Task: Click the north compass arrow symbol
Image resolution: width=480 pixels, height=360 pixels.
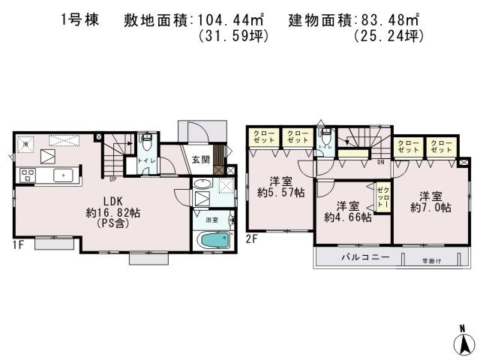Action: click(463, 342)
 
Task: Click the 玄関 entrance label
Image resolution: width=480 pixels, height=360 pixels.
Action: click(199, 159)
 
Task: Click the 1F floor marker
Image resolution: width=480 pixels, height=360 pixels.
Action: click(18, 244)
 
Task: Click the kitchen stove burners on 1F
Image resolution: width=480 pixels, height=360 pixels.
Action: click(28, 177)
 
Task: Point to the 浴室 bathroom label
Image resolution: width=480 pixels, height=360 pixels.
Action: click(212, 220)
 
